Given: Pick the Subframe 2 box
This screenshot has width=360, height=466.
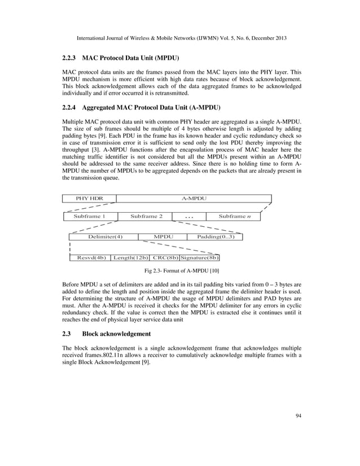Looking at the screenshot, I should [x=146, y=216].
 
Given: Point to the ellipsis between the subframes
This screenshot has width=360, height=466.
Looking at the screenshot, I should [x=189, y=217].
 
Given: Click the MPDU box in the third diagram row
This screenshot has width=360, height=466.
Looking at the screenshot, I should [x=164, y=236].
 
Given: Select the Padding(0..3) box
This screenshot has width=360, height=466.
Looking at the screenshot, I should [x=216, y=236].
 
